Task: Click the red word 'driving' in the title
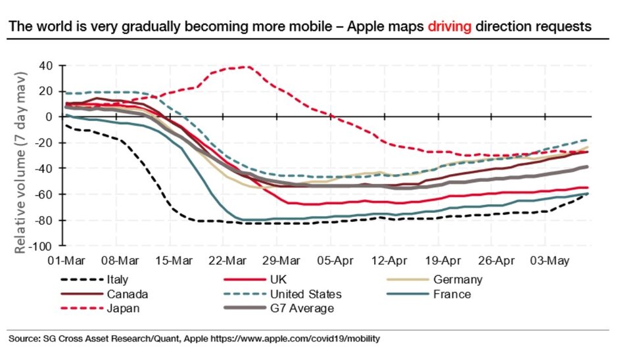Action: tap(450, 27)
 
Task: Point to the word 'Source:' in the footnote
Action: tap(23, 339)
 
